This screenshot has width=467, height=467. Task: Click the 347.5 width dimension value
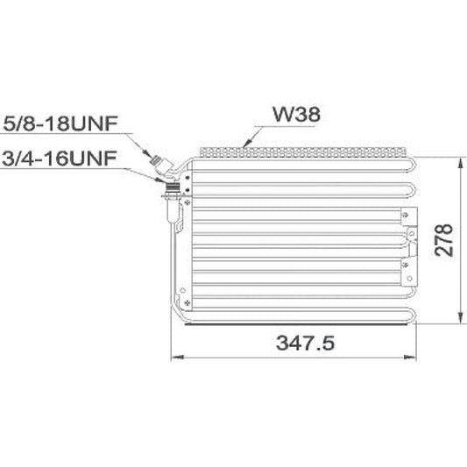coord(305,343)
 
